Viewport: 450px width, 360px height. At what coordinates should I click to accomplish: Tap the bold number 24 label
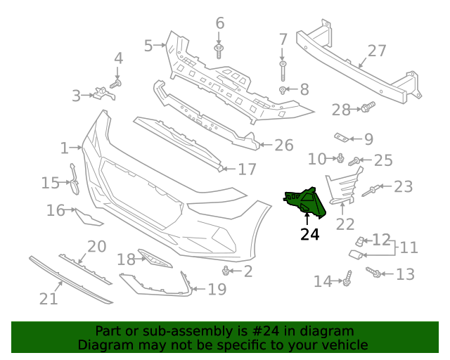pyautogui.click(x=309, y=235)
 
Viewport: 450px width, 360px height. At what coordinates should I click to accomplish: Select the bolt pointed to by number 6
pyautogui.click(x=219, y=51)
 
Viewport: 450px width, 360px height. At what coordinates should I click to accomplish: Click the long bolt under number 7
pyautogui.click(x=283, y=71)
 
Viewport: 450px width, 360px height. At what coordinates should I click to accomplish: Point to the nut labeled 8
pyautogui.click(x=283, y=90)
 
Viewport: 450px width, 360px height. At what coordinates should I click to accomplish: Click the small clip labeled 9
pyautogui.click(x=342, y=138)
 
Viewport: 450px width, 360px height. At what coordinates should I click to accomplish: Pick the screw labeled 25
pyautogui.click(x=354, y=161)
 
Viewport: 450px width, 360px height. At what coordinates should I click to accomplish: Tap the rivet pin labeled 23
pyautogui.click(x=371, y=191)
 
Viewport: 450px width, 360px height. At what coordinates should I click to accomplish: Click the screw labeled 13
pyautogui.click(x=373, y=272)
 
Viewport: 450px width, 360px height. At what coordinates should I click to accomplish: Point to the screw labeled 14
pyautogui.click(x=347, y=278)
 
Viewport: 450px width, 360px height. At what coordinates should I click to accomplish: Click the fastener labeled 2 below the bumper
pyautogui.click(x=226, y=271)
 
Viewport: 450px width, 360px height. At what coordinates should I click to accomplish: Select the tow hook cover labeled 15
pyautogui.click(x=74, y=179)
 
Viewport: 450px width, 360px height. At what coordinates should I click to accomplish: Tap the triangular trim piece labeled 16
pyautogui.click(x=89, y=217)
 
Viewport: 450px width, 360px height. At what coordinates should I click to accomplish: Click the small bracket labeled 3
pyautogui.click(x=104, y=94)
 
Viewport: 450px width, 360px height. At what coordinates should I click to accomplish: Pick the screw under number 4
pyautogui.click(x=115, y=84)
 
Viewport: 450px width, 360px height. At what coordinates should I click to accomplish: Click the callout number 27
pyautogui.click(x=377, y=51)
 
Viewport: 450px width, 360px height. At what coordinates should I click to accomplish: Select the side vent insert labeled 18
pyautogui.click(x=155, y=258)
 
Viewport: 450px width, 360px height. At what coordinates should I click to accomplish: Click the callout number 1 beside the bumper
pyautogui.click(x=64, y=148)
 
